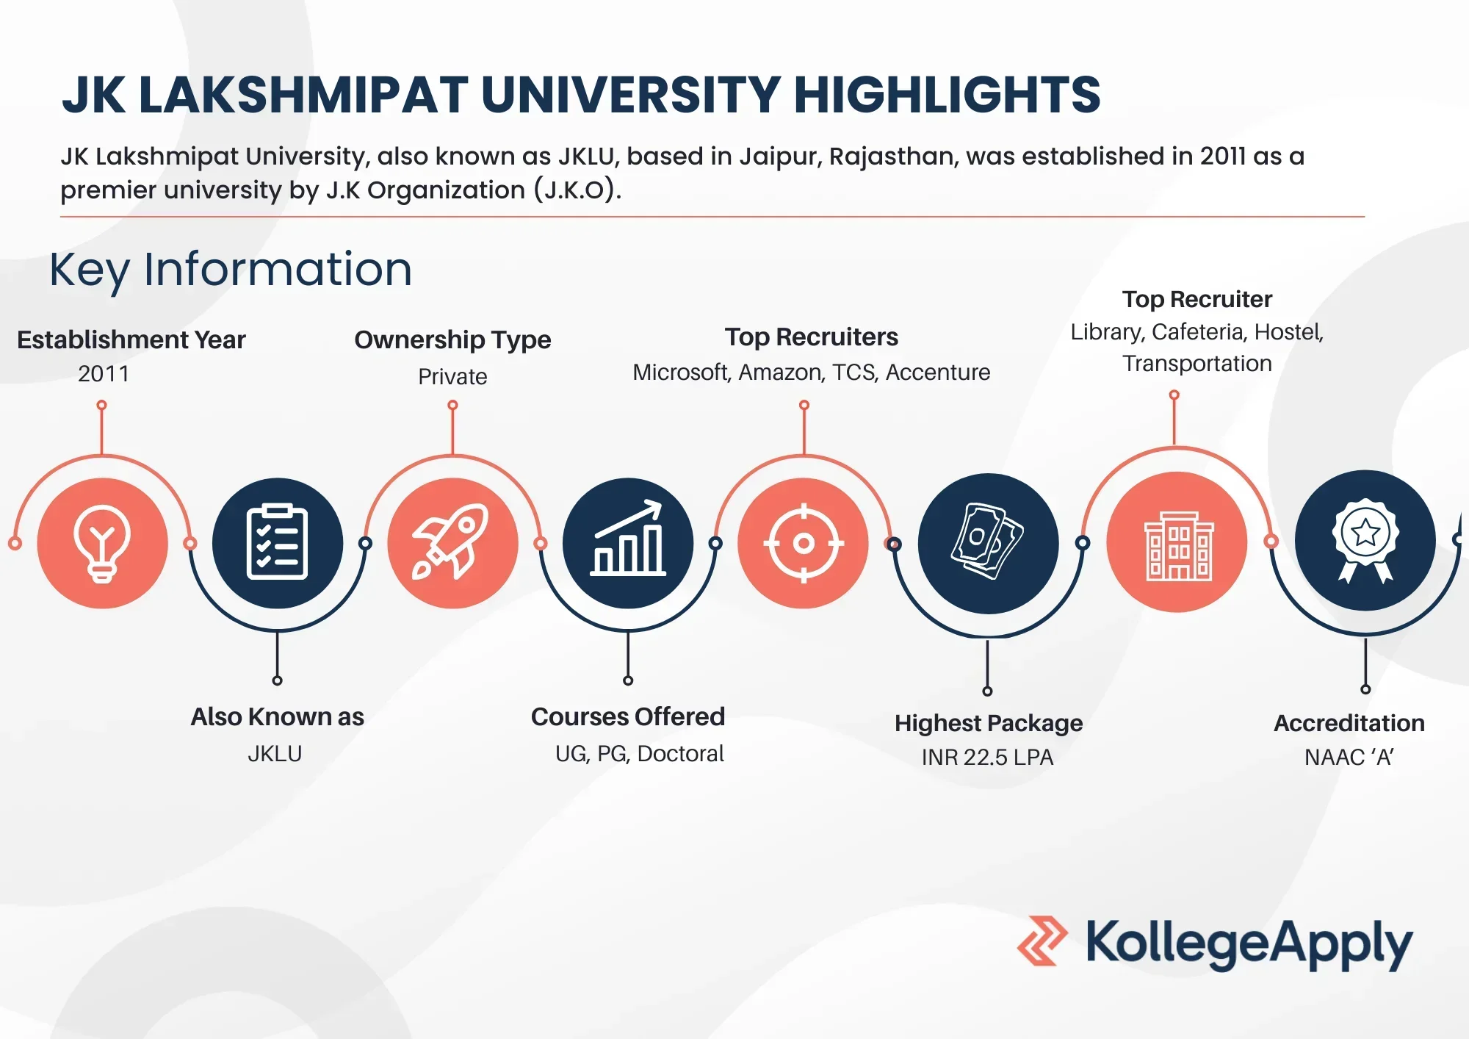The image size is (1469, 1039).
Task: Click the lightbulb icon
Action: point(102,544)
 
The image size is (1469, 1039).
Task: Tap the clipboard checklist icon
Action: point(277,542)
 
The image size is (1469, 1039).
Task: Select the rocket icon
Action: point(451,542)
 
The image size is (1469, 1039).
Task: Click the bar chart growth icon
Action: point(628,538)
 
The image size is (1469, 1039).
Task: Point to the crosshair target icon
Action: point(804,543)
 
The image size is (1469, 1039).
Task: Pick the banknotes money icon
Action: point(987,541)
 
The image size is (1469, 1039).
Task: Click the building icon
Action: point(1178,546)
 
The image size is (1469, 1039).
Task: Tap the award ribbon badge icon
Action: point(1365,541)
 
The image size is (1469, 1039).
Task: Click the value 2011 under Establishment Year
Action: point(104,374)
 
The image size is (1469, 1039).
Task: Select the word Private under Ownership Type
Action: point(452,376)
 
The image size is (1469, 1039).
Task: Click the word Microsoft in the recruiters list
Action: point(682,373)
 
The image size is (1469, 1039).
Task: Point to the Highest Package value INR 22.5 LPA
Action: point(987,757)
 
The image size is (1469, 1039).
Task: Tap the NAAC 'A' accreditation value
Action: point(1349,757)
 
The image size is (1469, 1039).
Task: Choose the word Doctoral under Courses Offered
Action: point(680,753)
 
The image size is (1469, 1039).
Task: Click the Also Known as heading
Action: point(277,716)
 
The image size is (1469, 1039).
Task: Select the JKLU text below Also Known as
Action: point(275,753)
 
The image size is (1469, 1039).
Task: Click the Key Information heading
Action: point(231,270)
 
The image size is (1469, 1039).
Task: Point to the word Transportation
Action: point(1197,363)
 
